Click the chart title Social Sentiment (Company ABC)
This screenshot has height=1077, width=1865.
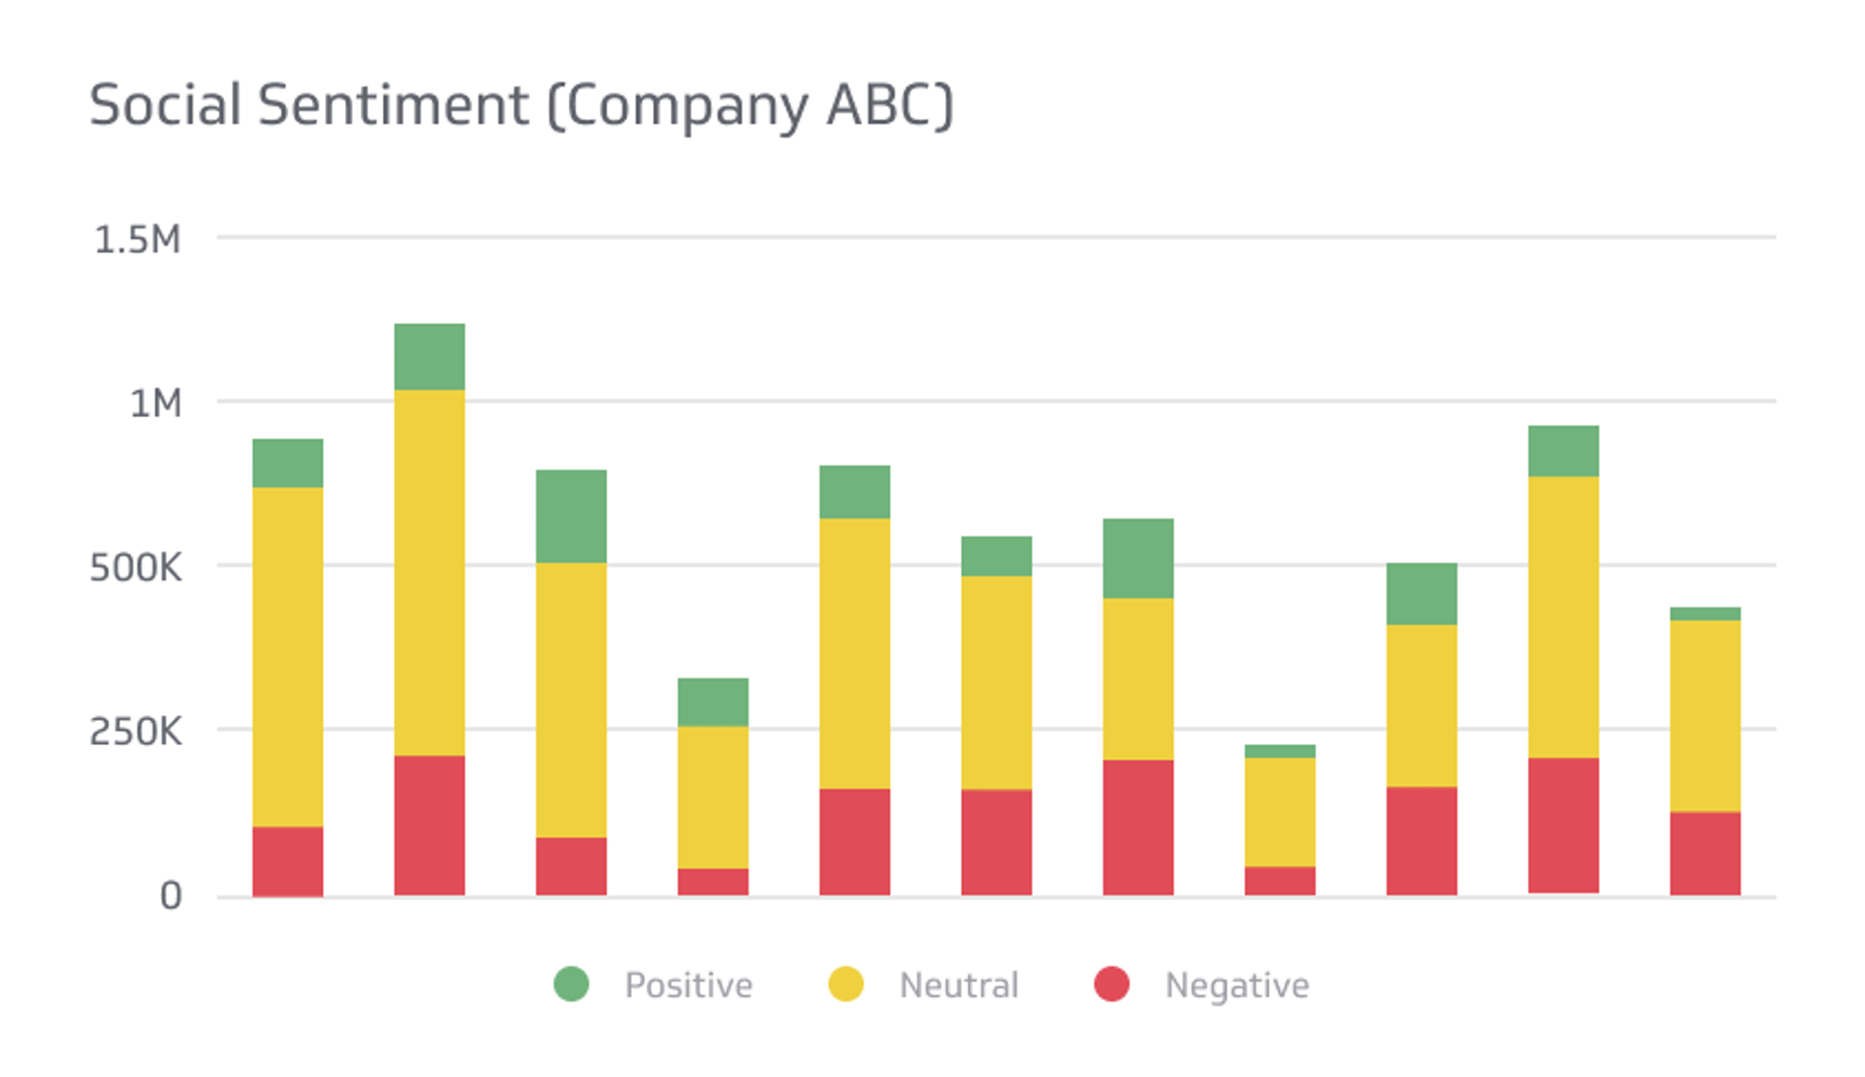[x=521, y=106]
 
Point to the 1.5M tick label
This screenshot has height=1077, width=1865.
[x=138, y=240]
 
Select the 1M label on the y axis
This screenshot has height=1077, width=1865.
[x=155, y=404]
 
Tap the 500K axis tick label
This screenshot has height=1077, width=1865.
[x=137, y=568]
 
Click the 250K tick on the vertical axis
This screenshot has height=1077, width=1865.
[x=137, y=732]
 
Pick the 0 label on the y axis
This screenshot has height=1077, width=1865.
[x=170, y=896]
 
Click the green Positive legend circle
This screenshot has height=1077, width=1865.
[x=572, y=984]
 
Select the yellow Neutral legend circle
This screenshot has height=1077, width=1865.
[x=846, y=984]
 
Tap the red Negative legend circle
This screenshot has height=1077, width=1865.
[x=1111, y=984]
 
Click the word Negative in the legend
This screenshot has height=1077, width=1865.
[x=1237, y=985]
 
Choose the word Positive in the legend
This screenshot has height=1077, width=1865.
[x=689, y=985]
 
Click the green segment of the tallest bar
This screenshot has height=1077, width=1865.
[x=430, y=356]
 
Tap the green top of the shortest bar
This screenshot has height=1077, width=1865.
[x=1280, y=751]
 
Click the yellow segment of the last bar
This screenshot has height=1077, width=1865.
[x=1706, y=716]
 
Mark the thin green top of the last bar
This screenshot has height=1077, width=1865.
[x=1706, y=613]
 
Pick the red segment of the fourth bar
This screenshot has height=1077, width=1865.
[x=713, y=881]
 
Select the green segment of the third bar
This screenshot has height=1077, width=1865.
[x=571, y=516]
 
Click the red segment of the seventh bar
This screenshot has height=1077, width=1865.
[x=1138, y=827]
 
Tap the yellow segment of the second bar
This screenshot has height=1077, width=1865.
[x=430, y=571]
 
